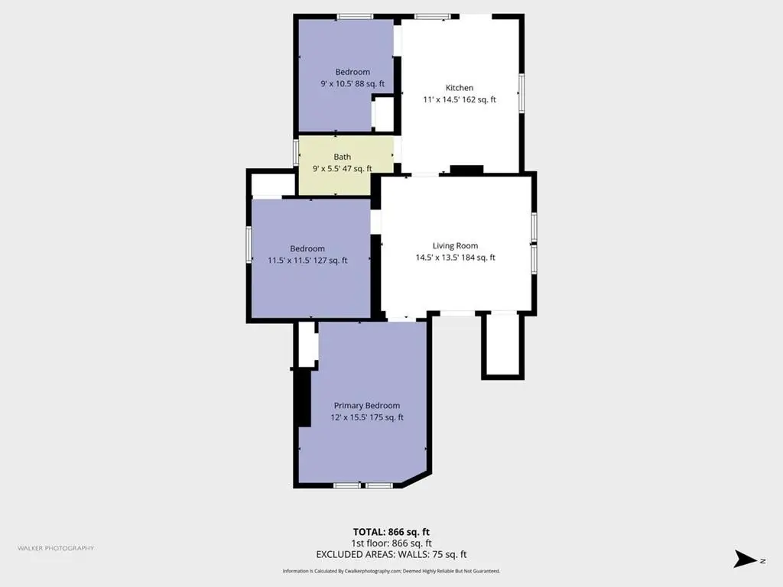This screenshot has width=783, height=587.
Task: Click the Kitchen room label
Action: coord(460,88)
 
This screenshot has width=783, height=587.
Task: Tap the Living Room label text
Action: coord(455,245)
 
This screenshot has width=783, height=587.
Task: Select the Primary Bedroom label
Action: coord(367,406)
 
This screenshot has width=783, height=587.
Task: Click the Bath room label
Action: coord(342,157)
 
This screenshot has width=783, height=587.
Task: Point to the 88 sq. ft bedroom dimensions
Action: coord(353,84)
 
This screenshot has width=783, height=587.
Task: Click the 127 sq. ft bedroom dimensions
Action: coord(307,260)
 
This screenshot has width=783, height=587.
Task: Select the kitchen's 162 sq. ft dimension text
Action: coord(460,99)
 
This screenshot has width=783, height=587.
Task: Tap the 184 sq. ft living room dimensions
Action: coord(456,258)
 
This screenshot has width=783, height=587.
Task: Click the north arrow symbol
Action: coord(746,559)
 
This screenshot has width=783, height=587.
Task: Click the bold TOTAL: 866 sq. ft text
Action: coord(391,532)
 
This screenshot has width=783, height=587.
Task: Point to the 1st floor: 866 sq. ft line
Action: coord(391,543)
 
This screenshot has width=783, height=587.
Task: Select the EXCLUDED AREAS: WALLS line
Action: coord(391,554)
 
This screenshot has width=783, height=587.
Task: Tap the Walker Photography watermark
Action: coord(56,548)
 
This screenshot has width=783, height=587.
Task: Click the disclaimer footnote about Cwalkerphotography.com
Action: coord(391,571)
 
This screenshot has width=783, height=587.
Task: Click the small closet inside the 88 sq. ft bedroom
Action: coord(384,115)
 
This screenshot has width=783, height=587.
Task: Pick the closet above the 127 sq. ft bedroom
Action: coord(273,185)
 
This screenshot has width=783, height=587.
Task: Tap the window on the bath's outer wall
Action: coord(296,152)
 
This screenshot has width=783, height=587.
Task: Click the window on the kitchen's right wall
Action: coord(521,93)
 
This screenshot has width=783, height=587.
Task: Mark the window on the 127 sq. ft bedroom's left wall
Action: coord(249,245)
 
